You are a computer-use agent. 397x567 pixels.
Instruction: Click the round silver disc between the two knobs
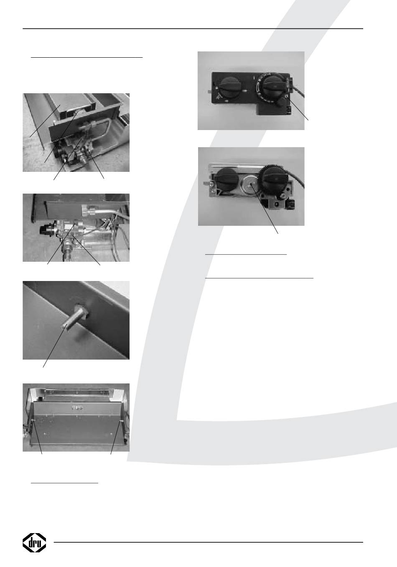(250, 184)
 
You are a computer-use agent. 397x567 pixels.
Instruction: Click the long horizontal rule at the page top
(193, 28)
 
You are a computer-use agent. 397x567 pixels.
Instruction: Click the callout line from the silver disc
(264, 209)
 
